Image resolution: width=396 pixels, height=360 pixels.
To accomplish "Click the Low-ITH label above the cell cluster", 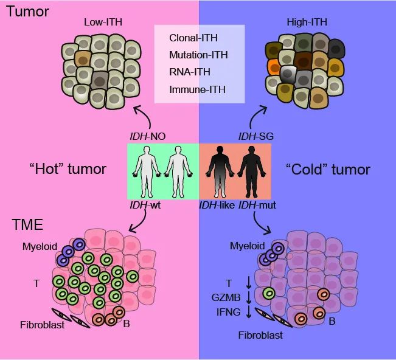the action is [103, 22].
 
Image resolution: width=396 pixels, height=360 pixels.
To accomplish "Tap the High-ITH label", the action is [307, 22].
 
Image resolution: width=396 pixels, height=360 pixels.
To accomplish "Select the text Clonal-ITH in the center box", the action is [193, 38].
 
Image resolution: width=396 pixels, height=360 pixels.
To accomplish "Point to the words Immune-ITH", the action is [197, 89].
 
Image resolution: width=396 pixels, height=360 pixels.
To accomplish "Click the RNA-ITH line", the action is [190, 72].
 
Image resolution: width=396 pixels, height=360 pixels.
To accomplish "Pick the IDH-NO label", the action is [148, 137].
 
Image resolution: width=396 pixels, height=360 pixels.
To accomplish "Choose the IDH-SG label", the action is [256, 137].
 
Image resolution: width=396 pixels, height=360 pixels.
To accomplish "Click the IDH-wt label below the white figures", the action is [145, 206].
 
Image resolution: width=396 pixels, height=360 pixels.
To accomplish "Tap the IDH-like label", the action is [217, 206].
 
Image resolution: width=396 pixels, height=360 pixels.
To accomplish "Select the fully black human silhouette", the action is [252, 171].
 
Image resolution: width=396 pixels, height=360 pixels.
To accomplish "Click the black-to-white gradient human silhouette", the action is [220, 171].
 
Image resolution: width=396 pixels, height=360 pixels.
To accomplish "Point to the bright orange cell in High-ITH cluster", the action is [274, 67].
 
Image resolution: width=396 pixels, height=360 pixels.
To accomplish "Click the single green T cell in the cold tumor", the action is [269, 293].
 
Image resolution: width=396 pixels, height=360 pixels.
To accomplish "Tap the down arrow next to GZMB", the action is [249, 297].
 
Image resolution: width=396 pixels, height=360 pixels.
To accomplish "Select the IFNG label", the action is [228, 313].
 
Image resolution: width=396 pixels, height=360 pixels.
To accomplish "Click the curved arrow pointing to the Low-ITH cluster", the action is [144, 115].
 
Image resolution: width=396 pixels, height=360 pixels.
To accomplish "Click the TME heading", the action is [27, 224].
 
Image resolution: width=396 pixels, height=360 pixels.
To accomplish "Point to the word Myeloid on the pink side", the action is [40, 246].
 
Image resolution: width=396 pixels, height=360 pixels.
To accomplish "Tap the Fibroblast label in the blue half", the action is [260, 335].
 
